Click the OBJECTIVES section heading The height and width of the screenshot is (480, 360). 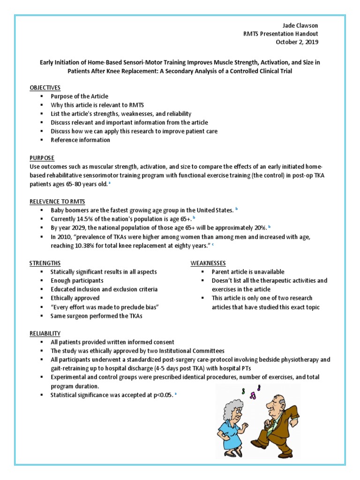tap(45, 88)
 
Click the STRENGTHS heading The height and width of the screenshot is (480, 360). tap(45, 263)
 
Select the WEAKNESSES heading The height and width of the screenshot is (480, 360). tap(208, 263)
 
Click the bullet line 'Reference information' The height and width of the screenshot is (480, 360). tap(81, 140)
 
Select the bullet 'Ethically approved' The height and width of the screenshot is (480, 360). tap(75, 298)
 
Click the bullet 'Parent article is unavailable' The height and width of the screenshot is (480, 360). tap(248, 272)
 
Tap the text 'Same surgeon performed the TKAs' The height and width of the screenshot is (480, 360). tap(96, 315)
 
